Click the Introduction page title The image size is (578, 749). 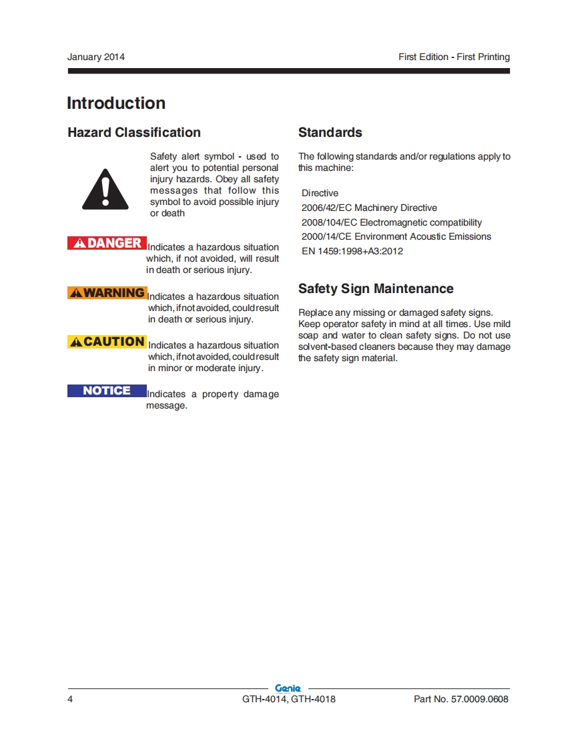click(x=116, y=103)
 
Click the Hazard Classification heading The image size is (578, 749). click(x=134, y=133)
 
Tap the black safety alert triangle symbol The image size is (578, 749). click(x=105, y=190)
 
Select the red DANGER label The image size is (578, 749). click(x=107, y=243)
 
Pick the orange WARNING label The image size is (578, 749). click(x=107, y=292)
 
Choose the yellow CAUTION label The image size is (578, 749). click(x=107, y=342)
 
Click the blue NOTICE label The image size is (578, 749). click(x=107, y=391)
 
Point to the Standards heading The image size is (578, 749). click(x=330, y=133)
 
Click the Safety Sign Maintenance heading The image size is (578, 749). click(x=376, y=289)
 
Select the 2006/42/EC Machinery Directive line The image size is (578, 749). click(x=369, y=208)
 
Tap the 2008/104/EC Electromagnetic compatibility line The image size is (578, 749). click(x=391, y=222)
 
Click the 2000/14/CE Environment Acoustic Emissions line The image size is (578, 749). click(x=396, y=237)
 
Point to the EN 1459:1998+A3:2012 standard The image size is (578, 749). click(x=352, y=252)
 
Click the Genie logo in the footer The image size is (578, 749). click(x=288, y=688)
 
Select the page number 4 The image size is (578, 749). click(x=70, y=700)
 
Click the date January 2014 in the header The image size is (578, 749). click(x=95, y=57)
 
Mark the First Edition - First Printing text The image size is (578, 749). click(x=454, y=57)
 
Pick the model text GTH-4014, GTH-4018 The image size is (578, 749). click(x=289, y=700)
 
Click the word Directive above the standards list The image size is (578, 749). click(x=320, y=194)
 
